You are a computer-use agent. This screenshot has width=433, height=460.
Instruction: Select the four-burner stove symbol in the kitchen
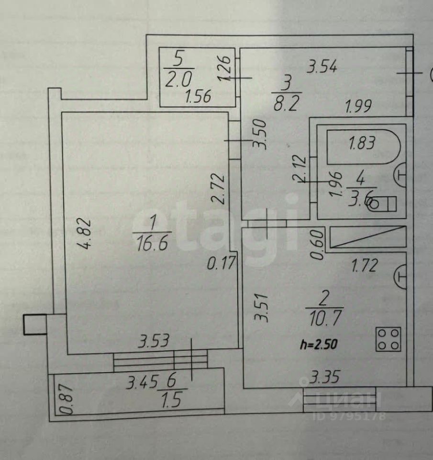click(x=388, y=339)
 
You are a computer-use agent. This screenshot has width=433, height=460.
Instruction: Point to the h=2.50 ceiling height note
click(x=320, y=343)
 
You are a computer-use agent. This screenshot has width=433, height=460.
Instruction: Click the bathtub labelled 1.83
click(x=362, y=144)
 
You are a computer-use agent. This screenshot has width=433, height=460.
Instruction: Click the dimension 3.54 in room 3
click(x=322, y=67)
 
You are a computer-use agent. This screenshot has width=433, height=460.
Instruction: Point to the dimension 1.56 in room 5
click(x=198, y=98)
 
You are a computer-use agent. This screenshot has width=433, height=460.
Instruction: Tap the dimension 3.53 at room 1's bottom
click(x=154, y=342)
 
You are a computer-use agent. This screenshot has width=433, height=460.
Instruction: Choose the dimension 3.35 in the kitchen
click(x=324, y=378)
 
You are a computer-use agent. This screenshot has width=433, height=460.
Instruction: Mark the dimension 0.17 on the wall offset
click(x=222, y=263)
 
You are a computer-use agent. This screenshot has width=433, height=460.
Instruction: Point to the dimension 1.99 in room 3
click(x=358, y=105)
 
